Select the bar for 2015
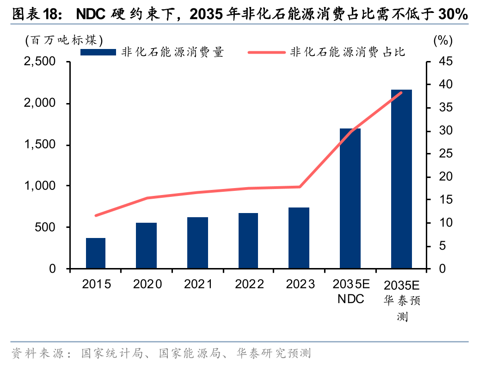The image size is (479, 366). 96,253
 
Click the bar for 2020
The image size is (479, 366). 146,245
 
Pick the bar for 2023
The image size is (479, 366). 299,238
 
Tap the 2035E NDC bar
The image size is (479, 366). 350,199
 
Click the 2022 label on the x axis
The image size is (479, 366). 249,284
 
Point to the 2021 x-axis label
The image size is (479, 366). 198,284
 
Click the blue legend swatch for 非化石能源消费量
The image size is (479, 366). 98,52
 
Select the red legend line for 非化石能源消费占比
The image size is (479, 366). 266,52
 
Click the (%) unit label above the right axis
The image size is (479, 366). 442,40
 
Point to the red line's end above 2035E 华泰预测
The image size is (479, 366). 401,92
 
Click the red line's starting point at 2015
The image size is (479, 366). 96,215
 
